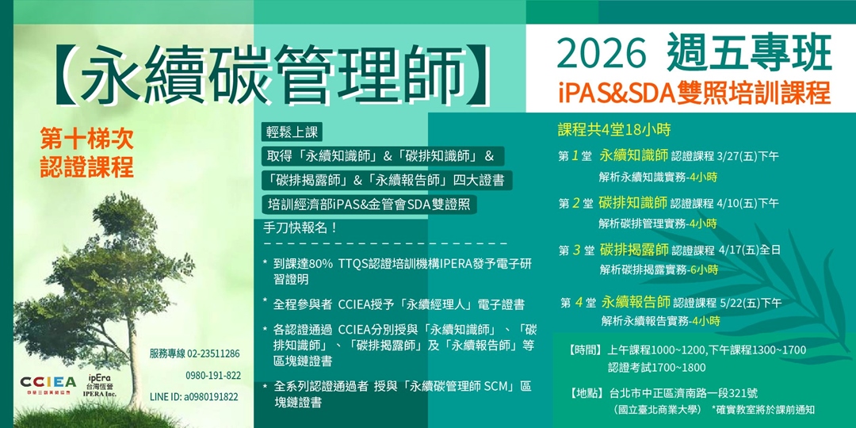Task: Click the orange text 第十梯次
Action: [x=87, y=140]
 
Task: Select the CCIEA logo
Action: [x=48, y=384]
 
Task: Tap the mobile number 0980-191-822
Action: [x=213, y=376]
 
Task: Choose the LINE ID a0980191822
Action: [x=195, y=397]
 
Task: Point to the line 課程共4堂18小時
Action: [x=613, y=131]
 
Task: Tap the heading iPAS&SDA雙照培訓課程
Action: [x=694, y=93]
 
